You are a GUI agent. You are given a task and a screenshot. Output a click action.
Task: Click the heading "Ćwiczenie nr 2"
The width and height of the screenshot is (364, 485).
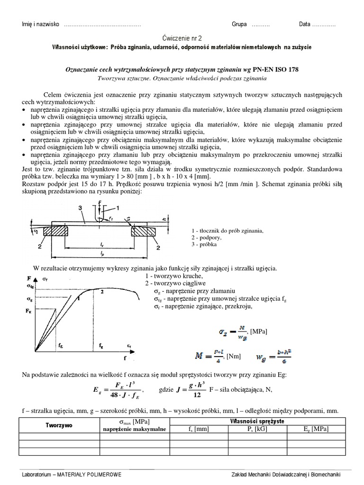tap(182, 37)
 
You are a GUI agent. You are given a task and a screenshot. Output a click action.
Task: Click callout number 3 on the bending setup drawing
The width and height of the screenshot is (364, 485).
tap(81, 207)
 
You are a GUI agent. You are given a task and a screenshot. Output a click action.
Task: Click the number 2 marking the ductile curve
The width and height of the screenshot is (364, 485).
tap(101, 292)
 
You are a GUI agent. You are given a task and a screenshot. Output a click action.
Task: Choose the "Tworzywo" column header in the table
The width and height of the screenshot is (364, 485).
tap(59, 425)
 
